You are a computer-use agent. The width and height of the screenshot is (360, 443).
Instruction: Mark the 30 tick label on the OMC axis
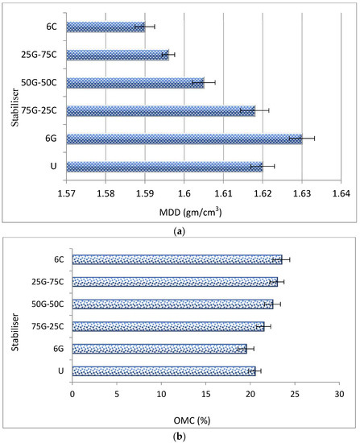(338, 395)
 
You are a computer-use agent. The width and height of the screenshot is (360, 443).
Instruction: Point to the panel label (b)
(180, 436)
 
